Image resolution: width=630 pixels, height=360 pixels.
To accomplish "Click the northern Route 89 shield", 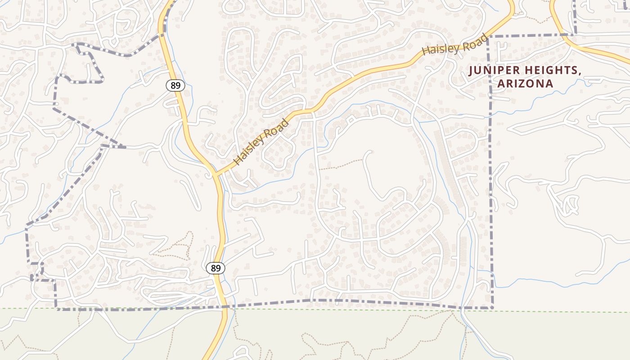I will click(x=175, y=85).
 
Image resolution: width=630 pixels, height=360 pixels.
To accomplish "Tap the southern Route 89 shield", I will click(x=216, y=268).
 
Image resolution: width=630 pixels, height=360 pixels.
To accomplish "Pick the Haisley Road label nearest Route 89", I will click(x=261, y=142).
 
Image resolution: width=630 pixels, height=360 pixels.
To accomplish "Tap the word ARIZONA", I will click(x=525, y=84).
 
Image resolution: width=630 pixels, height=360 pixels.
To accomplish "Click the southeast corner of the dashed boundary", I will click(x=493, y=308).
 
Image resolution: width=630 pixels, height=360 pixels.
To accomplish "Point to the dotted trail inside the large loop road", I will click(x=340, y=165).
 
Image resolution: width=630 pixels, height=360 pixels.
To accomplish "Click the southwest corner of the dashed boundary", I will click(x=57, y=309).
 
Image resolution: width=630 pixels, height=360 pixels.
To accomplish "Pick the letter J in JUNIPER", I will click(x=471, y=71).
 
